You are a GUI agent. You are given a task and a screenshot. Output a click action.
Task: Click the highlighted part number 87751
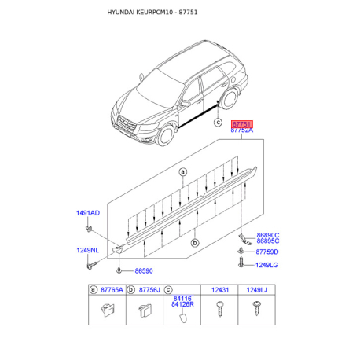coord(242,123)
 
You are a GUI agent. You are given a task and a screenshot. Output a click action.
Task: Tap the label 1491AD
coord(88,213)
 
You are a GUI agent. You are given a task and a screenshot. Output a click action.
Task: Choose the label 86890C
coord(268,235)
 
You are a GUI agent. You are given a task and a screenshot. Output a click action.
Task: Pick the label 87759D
coord(268,252)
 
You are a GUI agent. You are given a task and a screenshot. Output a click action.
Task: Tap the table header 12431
coord(220,291)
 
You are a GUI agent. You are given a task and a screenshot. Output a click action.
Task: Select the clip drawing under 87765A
coord(107,311)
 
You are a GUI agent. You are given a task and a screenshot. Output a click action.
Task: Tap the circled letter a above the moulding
coord(182,171)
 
